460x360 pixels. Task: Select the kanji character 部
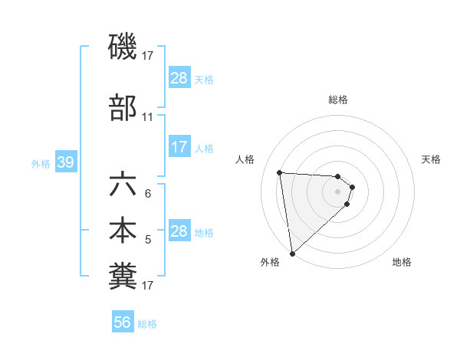[123, 108]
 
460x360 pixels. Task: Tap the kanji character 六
[123, 186]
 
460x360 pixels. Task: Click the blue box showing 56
[123, 323]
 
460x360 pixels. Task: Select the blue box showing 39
[65, 162]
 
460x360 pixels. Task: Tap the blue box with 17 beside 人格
[179, 147]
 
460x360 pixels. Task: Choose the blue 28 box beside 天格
[179, 78]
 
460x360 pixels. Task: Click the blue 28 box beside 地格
[179, 231]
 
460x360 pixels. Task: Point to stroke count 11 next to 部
[147, 117]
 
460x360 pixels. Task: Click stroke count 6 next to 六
[148, 195]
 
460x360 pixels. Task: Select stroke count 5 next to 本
[148, 240]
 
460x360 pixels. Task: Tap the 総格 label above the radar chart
[338, 100]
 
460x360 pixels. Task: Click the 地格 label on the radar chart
[402, 262]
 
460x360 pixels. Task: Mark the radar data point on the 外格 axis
[292, 253]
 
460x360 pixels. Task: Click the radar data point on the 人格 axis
[280, 172]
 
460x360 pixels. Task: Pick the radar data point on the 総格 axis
[338, 177]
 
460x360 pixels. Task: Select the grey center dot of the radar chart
[338, 191]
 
